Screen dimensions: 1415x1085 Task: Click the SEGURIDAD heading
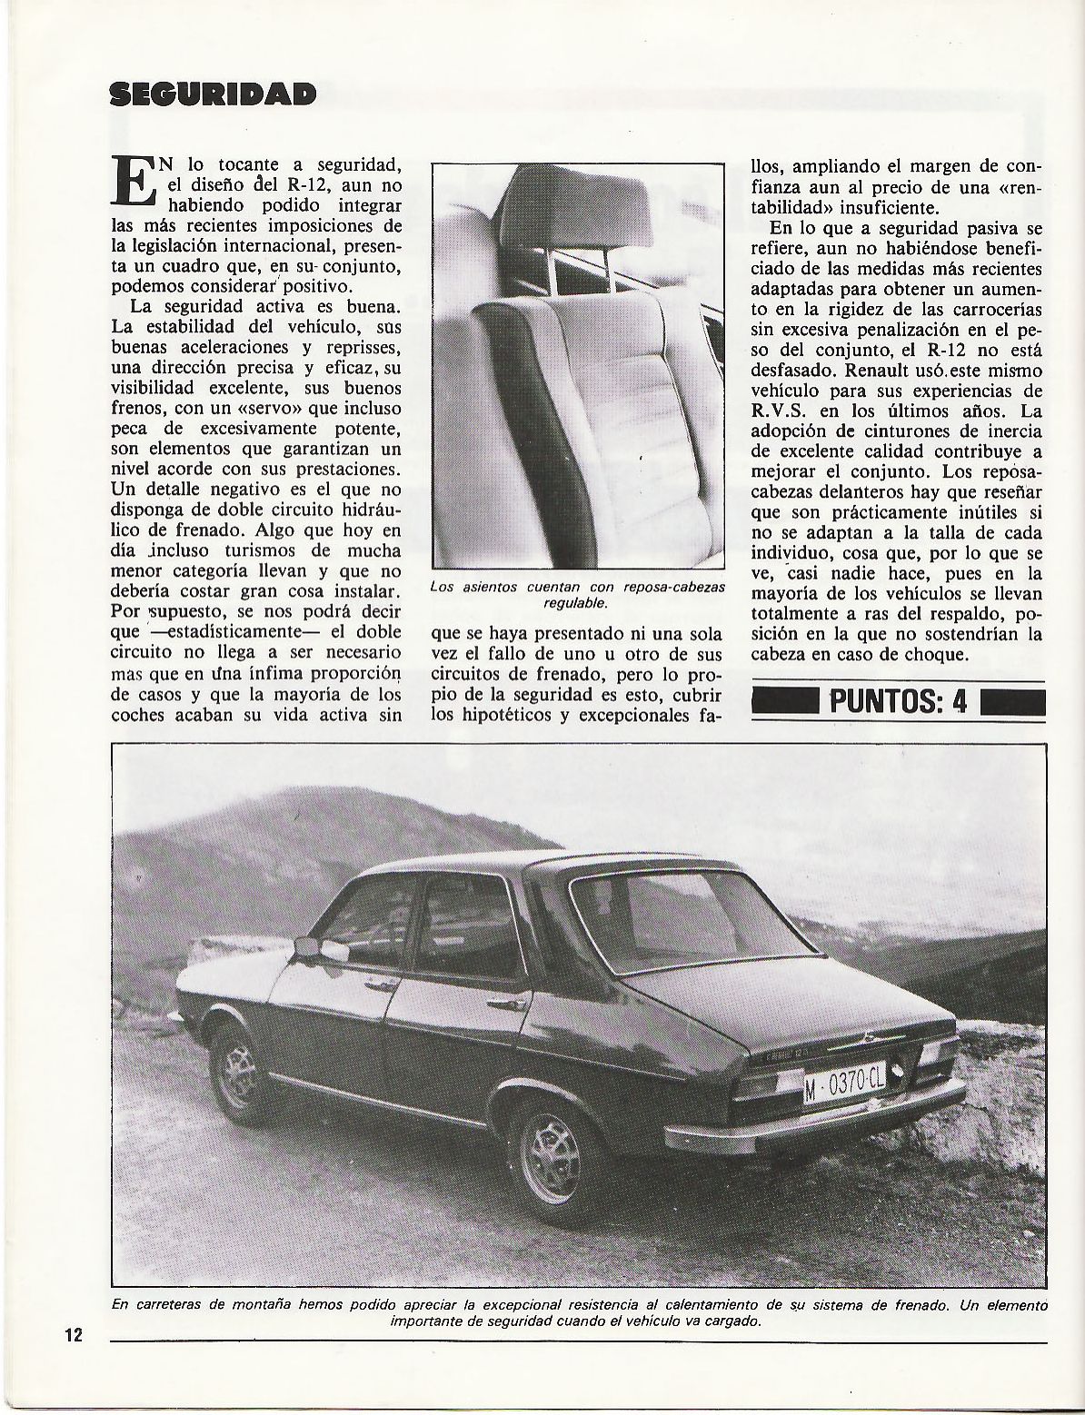coord(214,94)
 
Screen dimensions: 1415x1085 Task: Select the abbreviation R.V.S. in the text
coord(784,411)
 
